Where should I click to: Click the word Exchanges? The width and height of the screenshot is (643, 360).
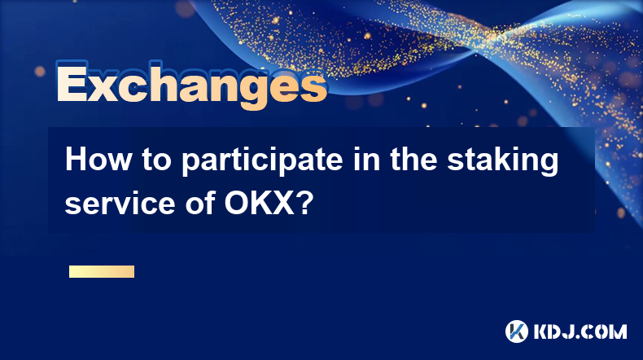tap(191, 85)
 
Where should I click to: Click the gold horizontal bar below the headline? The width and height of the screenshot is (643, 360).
tap(102, 271)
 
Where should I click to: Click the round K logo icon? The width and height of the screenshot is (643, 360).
tap(517, 331)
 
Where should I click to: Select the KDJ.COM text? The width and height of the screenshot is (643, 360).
tap(580, 331)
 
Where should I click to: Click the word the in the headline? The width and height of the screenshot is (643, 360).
tap(413, 160)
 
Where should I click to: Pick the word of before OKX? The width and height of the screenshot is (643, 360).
tap(200, 203)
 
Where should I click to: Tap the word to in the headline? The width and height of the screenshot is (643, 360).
tap(156, 160)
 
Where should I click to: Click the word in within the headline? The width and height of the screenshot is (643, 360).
tap(366, 160)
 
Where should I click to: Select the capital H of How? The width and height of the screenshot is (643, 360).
tap(76, 160)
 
